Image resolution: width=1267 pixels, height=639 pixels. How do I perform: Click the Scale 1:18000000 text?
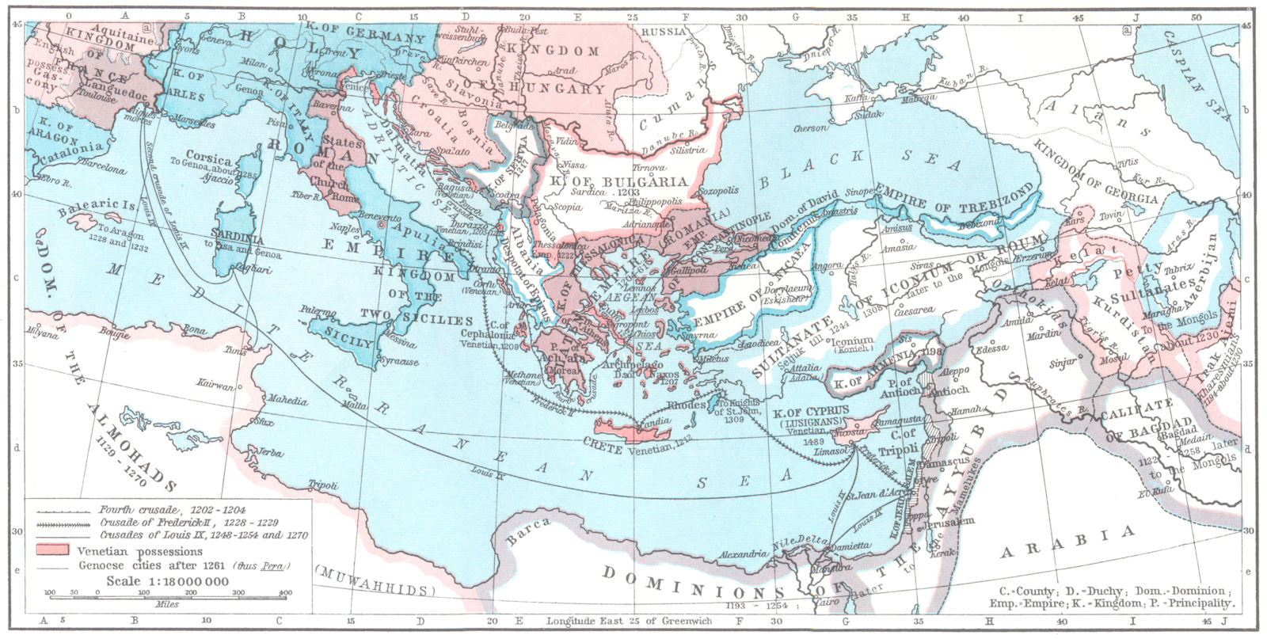[168, 581]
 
